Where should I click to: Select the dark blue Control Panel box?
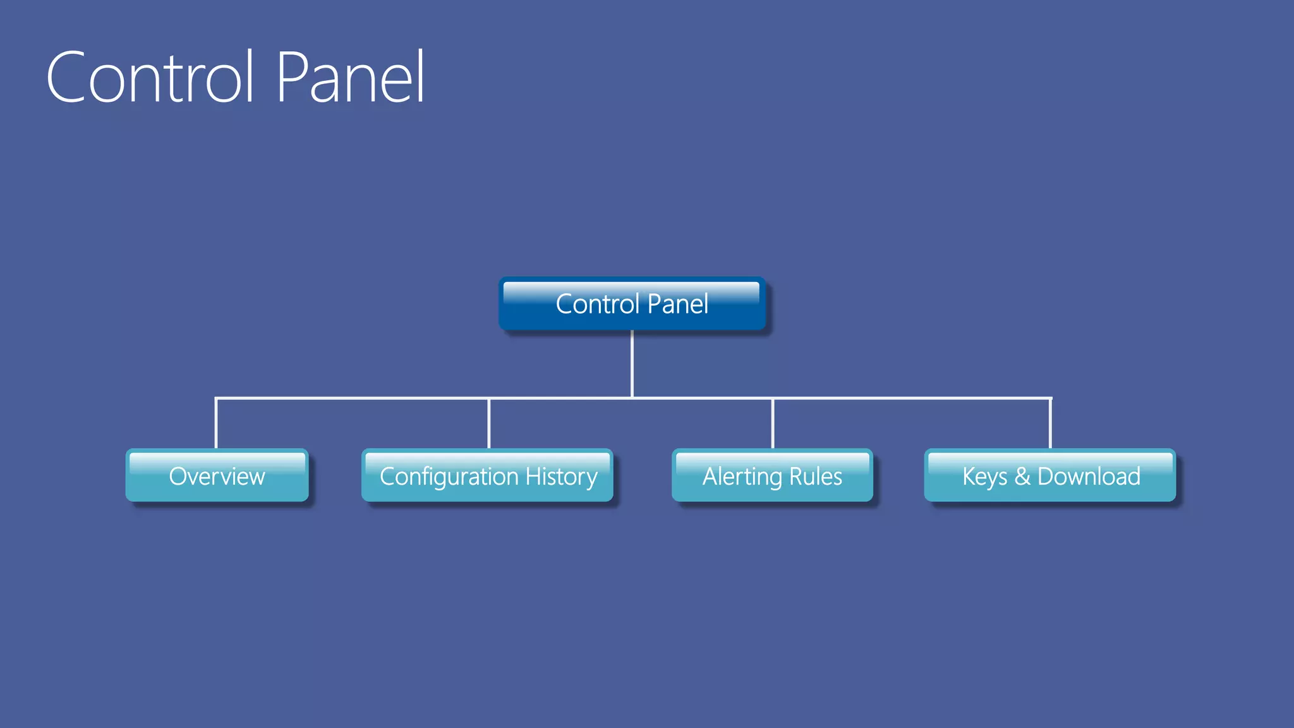click(632, 304)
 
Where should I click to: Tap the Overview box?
click(217, 476)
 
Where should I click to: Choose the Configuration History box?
click(488, 476)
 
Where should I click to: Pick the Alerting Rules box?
click(772, 476)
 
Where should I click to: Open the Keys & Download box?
click(1050, 476)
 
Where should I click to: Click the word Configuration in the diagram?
click(449, 476)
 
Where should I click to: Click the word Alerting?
click(742, 476)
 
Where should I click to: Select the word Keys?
click(984, 476)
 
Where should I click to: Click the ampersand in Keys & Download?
click(1022, 476)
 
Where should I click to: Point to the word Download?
click(1089, 476)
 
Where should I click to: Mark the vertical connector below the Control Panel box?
click(632, 363)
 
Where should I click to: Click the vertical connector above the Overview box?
click(216, 423)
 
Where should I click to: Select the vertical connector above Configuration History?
click(488, 423)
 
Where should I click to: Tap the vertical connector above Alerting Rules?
click(772, 423)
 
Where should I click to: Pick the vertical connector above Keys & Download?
click(1050, 423)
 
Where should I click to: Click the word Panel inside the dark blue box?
click(678, 304)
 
